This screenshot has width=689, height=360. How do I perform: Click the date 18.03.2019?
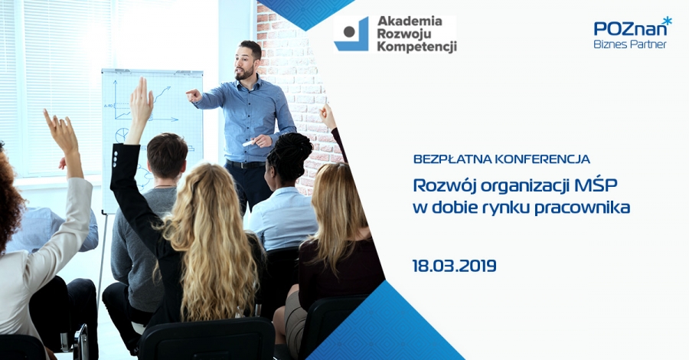(454, 266)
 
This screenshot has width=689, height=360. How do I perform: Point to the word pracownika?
(583, 208)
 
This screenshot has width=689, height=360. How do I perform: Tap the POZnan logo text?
(629, 28)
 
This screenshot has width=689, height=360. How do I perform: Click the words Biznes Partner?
(630, 44)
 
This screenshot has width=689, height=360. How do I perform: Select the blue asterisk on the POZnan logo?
(667, 21)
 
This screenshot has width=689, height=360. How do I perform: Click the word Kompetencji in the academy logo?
(417, 47)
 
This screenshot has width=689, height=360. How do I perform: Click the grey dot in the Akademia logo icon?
(349, 31)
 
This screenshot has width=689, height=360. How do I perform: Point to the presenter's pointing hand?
(194, 95)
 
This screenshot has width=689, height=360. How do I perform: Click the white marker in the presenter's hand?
(249, 143)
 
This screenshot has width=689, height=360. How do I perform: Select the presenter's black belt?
(245, 165)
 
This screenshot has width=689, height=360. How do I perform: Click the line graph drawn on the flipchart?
(142, 103)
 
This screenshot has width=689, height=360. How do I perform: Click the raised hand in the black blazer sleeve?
(141, 103)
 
